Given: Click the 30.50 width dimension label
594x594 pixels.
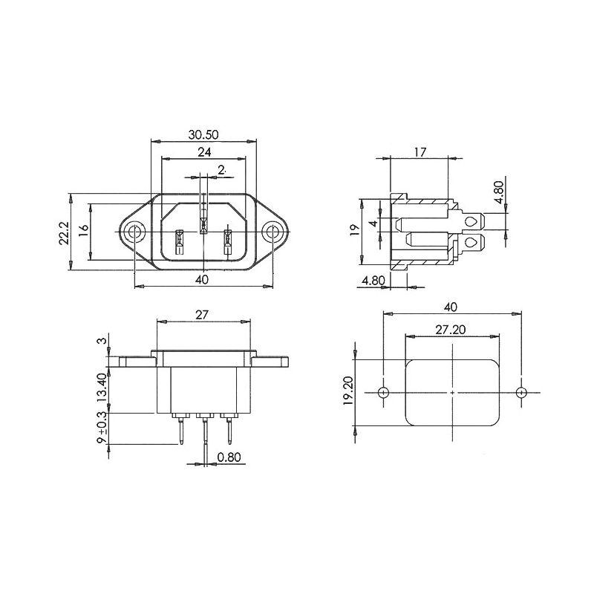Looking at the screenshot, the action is click(203, 134).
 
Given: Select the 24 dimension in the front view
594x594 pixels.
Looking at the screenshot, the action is click(204, 152).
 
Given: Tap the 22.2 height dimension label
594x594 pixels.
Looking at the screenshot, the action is click(64, 233).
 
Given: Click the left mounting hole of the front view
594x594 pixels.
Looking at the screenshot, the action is click(135, 232).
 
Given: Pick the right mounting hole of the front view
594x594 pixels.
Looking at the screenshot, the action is click(272, 232).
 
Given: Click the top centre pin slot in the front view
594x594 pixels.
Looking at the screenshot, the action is click(203, 226).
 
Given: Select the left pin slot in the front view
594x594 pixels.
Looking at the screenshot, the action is click(179, 242).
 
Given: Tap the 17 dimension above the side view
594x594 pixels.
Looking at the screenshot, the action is click(420, 152).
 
